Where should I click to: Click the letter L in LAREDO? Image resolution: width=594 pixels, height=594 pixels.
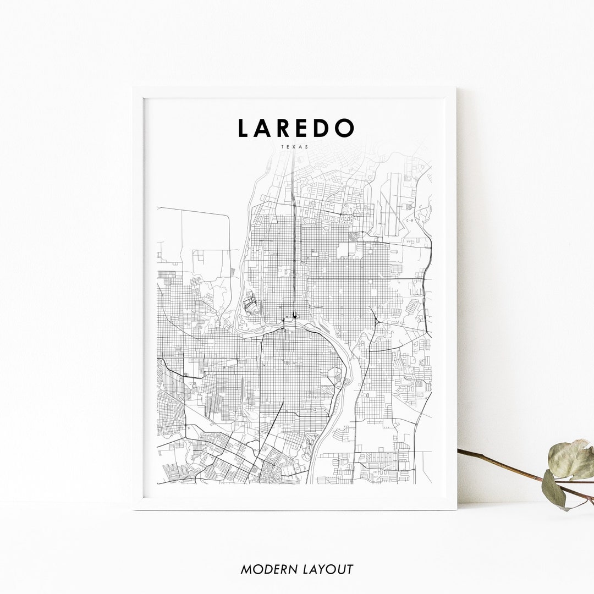pos(243,128)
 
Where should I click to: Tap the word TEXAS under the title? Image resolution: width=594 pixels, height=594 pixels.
pos(294,147)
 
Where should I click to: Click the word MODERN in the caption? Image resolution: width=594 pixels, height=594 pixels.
pos(268,569)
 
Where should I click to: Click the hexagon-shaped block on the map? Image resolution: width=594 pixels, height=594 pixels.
pos(335,376)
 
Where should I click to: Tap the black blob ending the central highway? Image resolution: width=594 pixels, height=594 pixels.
pos(295,315)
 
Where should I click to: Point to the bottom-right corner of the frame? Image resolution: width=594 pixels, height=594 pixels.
pos(456,509)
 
